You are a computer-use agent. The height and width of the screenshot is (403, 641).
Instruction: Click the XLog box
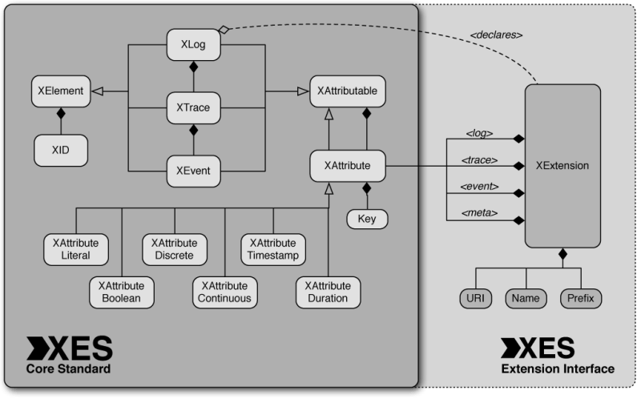pyautogui.click(x=193, y=44)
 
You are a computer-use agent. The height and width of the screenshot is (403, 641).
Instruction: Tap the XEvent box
pyautogui.click(x=193, y=170)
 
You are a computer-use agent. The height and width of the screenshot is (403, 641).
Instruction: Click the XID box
pyautogui.click(x=60, y=148)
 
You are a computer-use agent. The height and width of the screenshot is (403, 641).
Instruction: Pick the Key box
pyautogui.click(x=367, y=218)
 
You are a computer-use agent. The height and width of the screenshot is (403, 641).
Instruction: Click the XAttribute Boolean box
pyautogui.click(x=119, y=292)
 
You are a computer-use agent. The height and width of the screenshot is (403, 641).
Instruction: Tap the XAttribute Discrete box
pyautogui.click(x=174, y=248)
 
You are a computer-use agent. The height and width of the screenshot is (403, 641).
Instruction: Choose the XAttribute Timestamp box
pyautogui.click(x=272, y=248)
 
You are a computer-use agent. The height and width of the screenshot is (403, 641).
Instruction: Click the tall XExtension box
pyautogui.click(x=562, y=166)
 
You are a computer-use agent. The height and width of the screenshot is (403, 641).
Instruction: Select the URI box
pyautogui.click(x=475, y=299)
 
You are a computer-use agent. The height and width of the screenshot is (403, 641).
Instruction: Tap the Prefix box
pyautogui.click(x=580, y=299)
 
